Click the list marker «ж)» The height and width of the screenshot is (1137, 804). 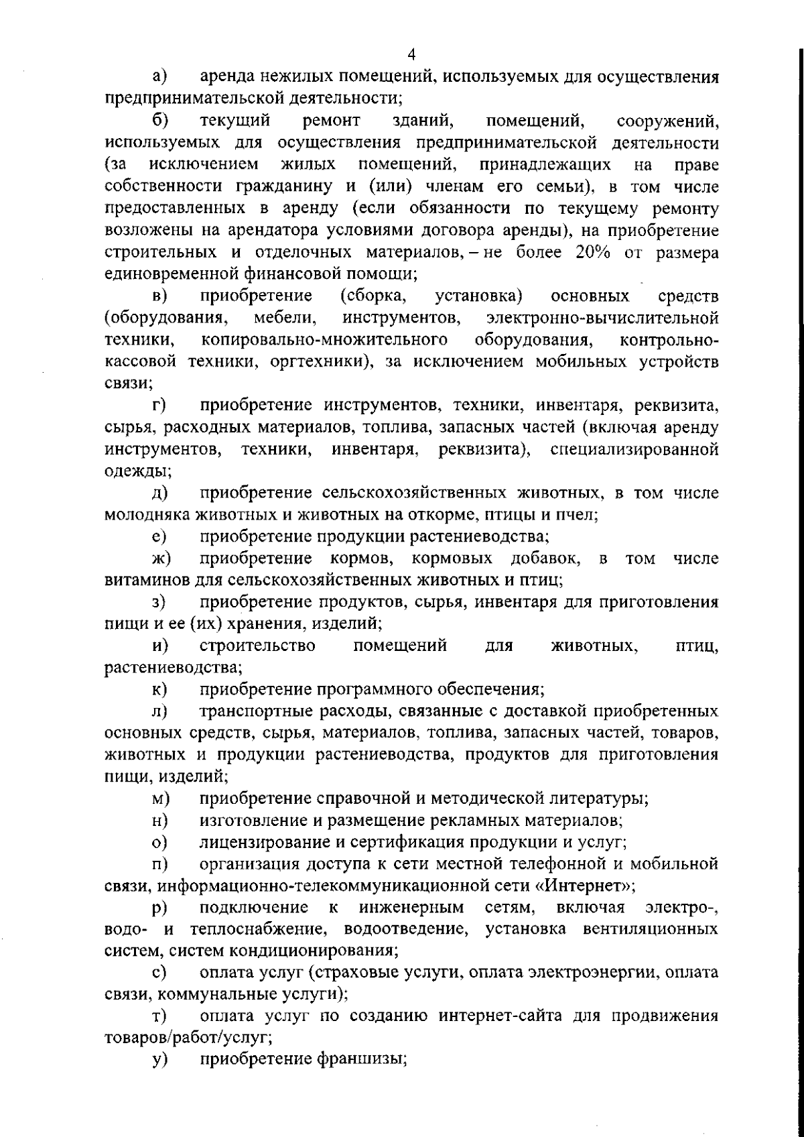(160, 558)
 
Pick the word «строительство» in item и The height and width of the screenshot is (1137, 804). (257, 646)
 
